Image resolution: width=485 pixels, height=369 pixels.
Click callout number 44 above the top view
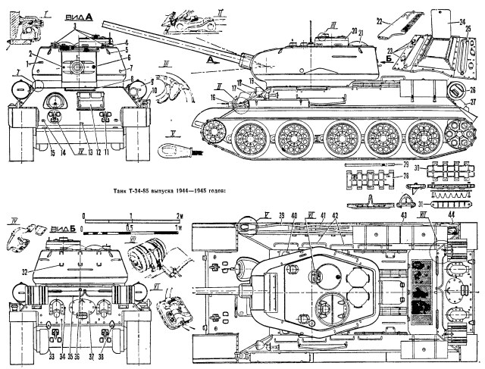click(x=452, y=216)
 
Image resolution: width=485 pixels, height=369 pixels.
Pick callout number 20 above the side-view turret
click(x=354, y=30)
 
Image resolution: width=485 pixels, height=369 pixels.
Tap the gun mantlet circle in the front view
click(x=77, y=69)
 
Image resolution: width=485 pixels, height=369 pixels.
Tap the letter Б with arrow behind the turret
click(x=389, y=58)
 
